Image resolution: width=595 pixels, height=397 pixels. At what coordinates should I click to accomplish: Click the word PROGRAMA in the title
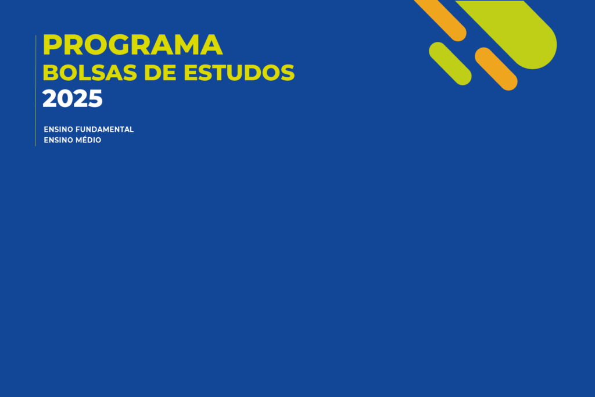tap(132, 45)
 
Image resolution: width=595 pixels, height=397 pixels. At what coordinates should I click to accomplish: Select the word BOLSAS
tap(90, 73)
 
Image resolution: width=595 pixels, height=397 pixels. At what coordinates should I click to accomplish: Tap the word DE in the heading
tap(160, 73)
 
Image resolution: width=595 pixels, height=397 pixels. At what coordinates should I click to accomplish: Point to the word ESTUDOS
tap(239, 73)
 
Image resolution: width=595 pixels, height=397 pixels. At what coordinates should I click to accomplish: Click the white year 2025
tap(73, 99)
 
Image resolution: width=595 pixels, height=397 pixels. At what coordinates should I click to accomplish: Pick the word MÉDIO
tap(88, 140)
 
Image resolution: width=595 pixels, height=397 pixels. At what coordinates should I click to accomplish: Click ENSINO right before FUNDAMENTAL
tap(59, 130)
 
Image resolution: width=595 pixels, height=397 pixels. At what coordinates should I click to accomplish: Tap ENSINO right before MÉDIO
tap(59, 140)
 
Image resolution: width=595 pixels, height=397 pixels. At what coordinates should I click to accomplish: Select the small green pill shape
tap(450, 63)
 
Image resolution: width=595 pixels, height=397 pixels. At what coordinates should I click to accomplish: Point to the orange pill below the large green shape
tap(496, 69)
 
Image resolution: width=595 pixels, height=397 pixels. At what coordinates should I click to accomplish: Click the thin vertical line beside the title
tap(35, 90)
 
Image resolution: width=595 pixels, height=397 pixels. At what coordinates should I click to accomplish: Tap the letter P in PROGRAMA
tap(52, 45)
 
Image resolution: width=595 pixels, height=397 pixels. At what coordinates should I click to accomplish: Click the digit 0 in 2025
tap(65, 99)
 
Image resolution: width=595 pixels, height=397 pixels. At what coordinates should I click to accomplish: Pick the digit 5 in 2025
tap(96, 99)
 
